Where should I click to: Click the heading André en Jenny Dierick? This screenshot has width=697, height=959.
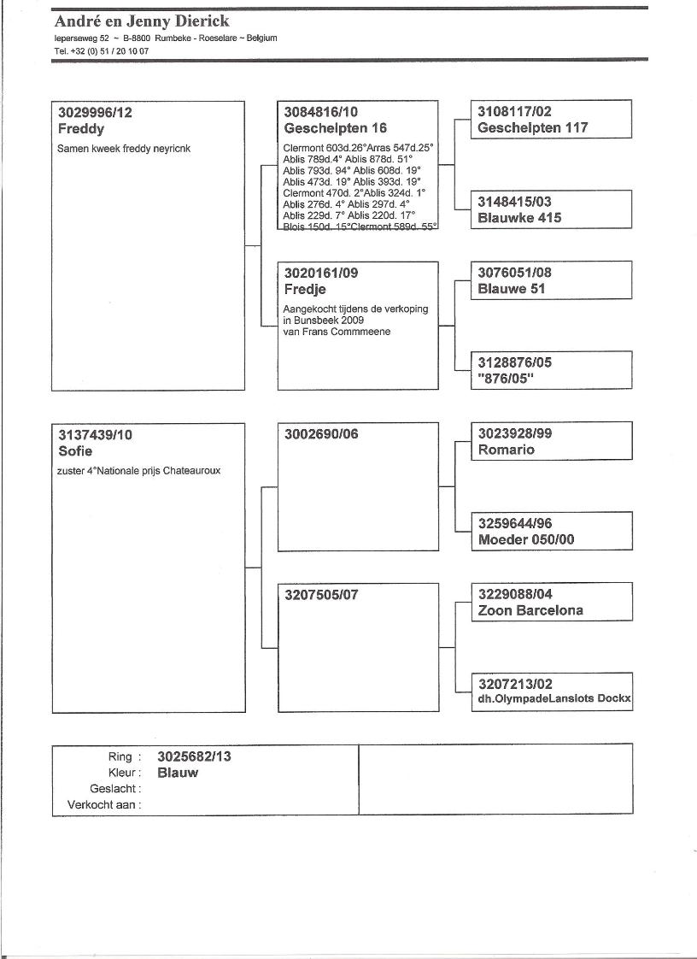point(142,21)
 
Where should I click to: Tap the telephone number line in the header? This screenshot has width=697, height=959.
point(101,50)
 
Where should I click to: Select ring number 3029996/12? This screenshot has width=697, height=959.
point(95,112)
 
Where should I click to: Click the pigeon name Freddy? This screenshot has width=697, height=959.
point(81,129)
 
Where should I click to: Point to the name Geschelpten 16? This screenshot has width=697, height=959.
point(335,128)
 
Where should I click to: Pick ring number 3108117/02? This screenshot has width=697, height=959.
point(514,112)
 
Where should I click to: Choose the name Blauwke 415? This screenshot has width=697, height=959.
point(519,218)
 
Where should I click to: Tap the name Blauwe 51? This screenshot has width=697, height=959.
point(511,289)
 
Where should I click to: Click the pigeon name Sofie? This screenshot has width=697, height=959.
point(75,450)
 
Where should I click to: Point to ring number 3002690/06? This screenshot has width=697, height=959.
point(321,434)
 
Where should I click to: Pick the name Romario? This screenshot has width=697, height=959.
point(507,450)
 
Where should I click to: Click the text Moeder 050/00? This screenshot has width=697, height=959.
point(526,540)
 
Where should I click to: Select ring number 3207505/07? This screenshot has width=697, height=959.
point(321,595)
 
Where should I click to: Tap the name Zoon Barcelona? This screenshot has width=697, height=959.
point(530,611)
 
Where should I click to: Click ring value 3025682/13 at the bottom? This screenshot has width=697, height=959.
point(195,756)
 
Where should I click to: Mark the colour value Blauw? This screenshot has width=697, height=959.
point(178,773)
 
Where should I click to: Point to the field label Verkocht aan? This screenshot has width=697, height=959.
point(104,805)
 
